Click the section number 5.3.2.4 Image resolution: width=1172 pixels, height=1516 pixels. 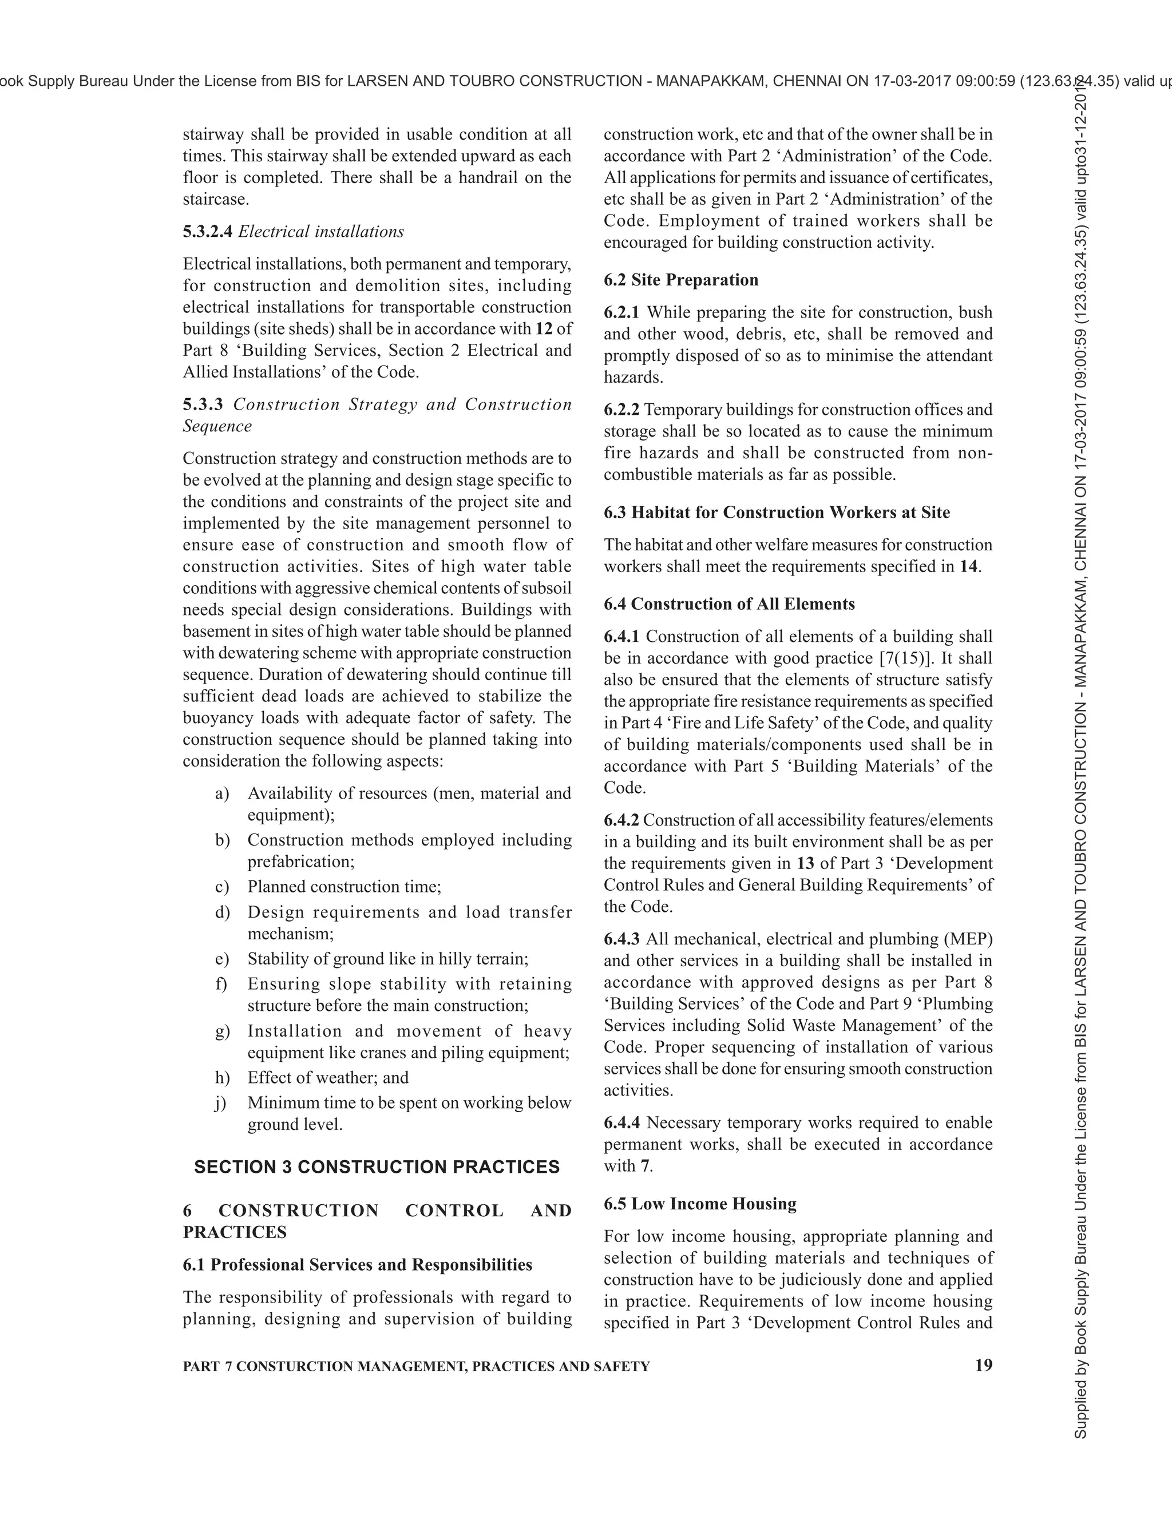click(208, 232)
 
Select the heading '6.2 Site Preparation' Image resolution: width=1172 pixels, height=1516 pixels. click(680, 280)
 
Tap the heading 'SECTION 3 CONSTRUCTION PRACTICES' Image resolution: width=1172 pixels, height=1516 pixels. click(377, 1167)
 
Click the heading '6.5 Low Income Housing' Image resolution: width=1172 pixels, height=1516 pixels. click(700, 1204)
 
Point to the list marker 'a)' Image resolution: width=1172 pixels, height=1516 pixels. click(222, 793)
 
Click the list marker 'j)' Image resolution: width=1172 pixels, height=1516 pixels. click(221, 1103)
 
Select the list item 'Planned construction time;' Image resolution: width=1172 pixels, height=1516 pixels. click(344, 887)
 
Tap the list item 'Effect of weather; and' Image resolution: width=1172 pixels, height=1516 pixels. click(328, 1078)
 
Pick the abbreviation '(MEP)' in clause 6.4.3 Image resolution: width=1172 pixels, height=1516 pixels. click(967, 939)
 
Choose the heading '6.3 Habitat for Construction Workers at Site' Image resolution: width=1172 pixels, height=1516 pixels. click(776, 512)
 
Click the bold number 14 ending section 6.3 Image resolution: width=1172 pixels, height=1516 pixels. click(968, 567)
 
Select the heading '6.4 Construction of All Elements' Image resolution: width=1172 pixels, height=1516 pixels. click(729, 604)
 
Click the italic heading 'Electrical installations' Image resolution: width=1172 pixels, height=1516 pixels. click(321, 232)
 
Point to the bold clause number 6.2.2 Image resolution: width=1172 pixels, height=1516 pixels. click(621, 410)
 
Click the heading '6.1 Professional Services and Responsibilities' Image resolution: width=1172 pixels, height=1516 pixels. click(357, 1265)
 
